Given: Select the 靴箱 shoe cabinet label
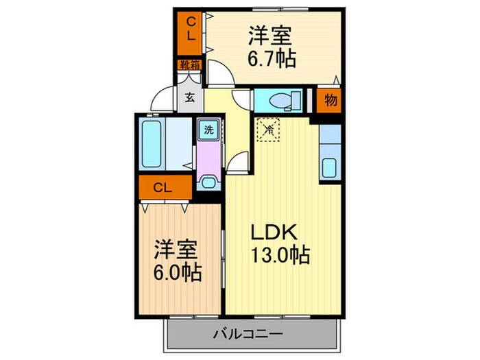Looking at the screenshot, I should [189, 67].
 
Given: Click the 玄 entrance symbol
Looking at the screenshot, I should [189, 97].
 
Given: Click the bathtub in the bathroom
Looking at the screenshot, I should [150, 145].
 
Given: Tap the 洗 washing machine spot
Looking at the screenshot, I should [207, 129].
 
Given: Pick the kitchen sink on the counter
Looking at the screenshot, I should [330, 166].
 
